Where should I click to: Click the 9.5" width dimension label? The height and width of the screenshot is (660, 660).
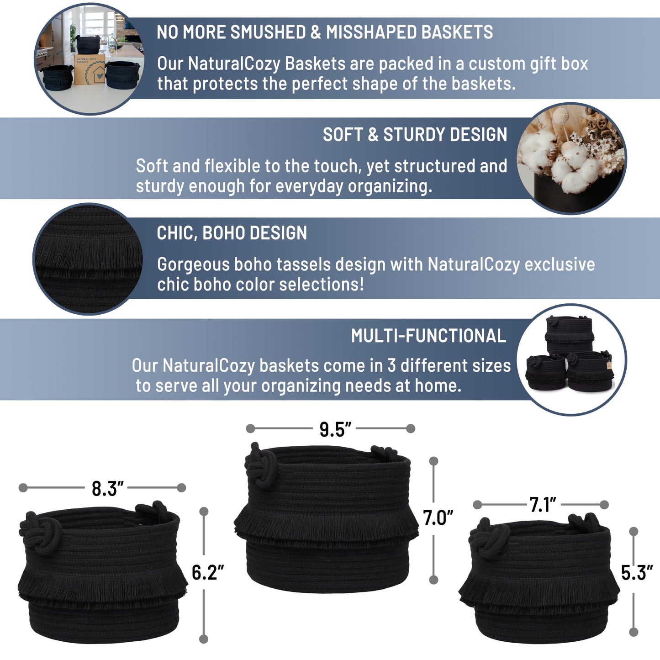click(x=335, y=429)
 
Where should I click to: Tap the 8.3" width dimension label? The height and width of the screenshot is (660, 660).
click(x=107, y=489)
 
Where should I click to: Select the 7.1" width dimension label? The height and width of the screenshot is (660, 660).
click(x=543, y=505)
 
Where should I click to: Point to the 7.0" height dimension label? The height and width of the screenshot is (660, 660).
click(x=438, y=518)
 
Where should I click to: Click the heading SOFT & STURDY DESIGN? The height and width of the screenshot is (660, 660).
click(x=415, y=134)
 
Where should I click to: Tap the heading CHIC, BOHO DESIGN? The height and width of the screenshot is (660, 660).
click(x=232, y=233)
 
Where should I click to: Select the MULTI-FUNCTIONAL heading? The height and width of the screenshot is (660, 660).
click(x=428, y=336)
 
